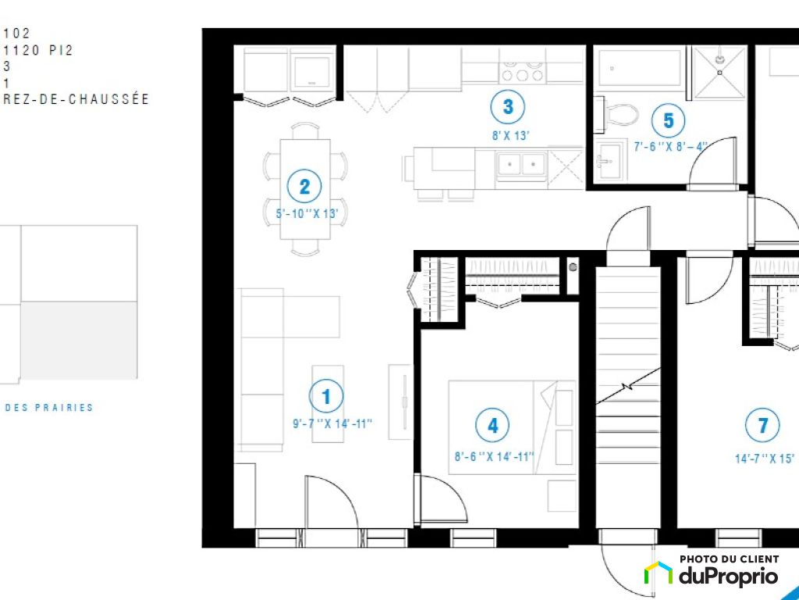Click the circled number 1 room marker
326,396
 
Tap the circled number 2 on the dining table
304,186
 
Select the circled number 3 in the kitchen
507,106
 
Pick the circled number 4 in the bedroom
492,425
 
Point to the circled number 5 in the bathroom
668,120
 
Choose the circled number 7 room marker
762,425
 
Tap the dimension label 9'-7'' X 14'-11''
332,423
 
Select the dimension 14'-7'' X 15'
765,459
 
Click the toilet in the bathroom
616,115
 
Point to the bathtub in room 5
640,68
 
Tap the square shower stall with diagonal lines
719,73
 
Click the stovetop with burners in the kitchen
522,72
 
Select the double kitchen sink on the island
520,164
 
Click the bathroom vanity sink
609,159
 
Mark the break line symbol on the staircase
628,386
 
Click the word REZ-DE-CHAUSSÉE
76,99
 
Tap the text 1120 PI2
38,50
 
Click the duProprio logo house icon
659,573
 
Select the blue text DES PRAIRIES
49,408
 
